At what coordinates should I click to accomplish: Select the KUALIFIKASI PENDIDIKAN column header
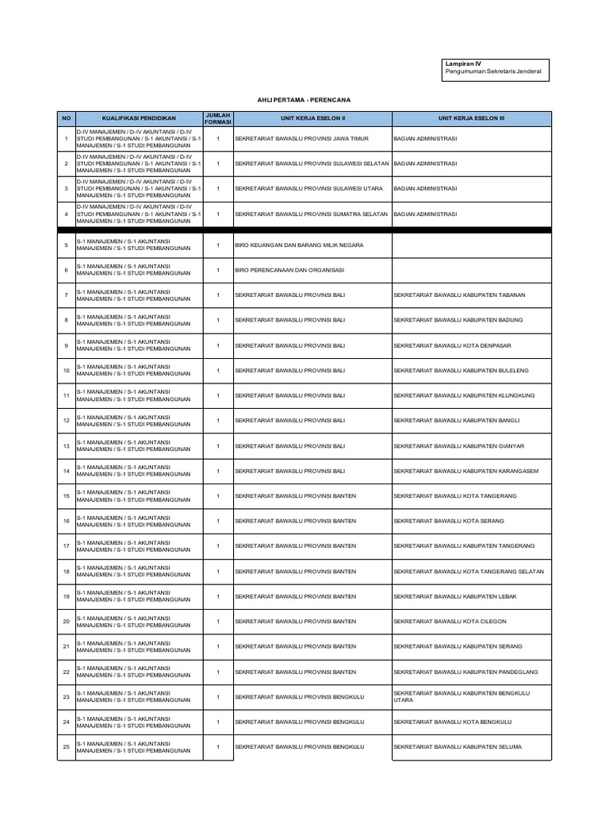139,118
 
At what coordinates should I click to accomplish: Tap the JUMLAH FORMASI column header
217,118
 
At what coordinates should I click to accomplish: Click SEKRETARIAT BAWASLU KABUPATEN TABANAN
459,295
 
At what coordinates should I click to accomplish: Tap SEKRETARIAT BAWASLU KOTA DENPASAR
450,345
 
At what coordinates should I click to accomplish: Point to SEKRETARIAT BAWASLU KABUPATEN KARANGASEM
465,471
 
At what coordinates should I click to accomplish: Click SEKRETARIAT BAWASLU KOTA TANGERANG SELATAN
468,572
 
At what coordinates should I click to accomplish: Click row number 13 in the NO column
66,446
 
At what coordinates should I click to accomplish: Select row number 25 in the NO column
66,747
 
